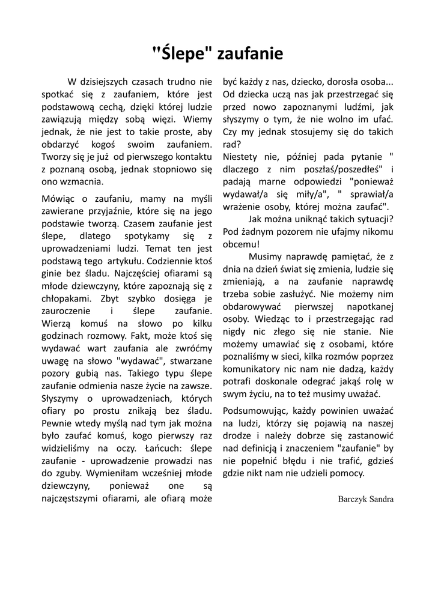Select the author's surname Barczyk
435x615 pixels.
point(355,498)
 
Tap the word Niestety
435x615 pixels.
point(239,157)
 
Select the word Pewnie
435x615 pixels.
point(55,423)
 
